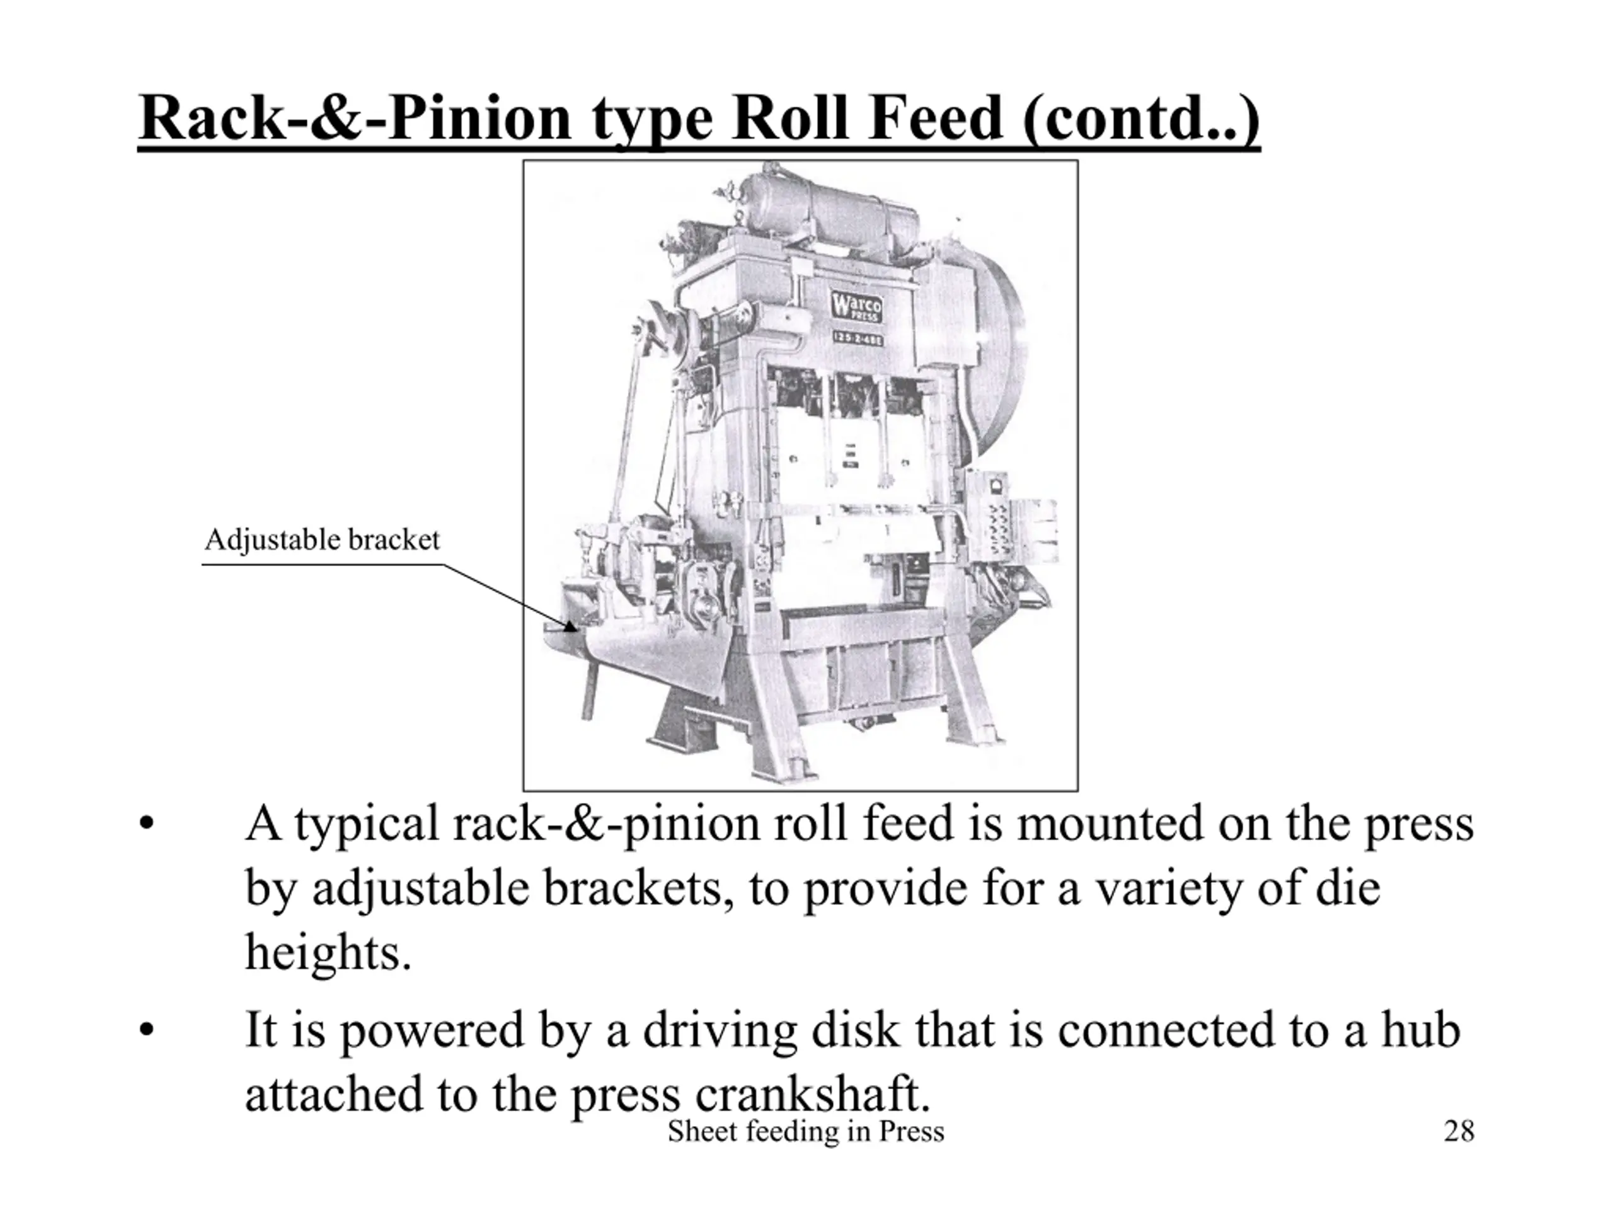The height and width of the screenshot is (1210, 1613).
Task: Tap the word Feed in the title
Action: tap(936, 119)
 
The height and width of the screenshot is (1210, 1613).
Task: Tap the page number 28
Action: tap(1459, 1131)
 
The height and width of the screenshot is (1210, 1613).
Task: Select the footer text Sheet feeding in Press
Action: tap(806, 1132)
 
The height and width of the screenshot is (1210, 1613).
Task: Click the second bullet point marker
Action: tap(147, 1031)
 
